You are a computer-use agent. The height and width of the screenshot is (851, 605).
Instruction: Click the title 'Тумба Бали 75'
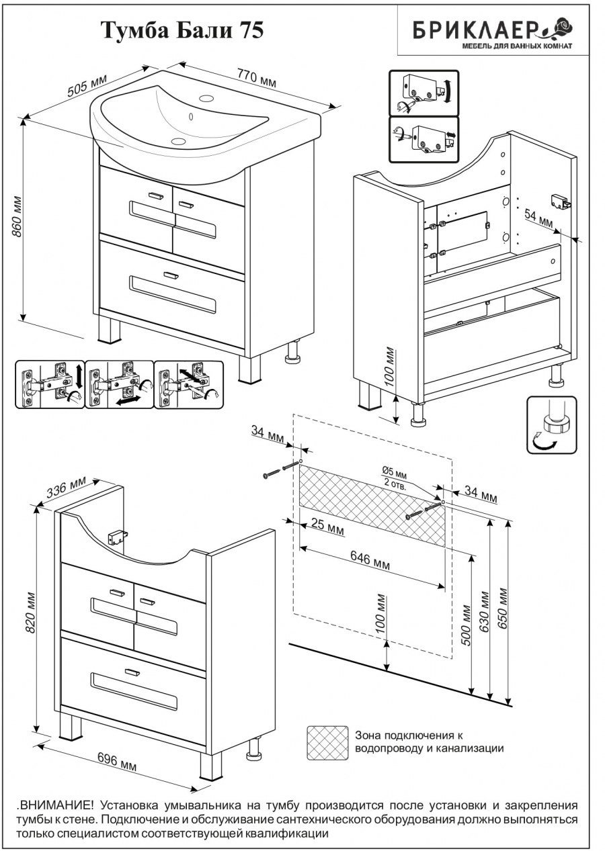pyautogui.click(x=182, y=31)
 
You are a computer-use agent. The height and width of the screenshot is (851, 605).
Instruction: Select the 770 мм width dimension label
pyautogui.click(x=256, y=78)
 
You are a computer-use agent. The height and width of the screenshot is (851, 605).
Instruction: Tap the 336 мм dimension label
pyautogui.click(x=66, y=488)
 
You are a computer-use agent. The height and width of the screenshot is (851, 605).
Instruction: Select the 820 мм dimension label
pyautogui.click(x=30, y=613)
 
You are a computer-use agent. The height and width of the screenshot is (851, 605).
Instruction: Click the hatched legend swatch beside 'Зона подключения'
pyautogui.click(x=327, y=742)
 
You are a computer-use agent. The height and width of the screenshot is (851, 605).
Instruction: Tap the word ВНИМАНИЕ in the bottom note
pyautogui.click(x=50, y=805)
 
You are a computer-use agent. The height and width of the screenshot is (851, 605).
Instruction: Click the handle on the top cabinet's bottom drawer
pyautogui.click(x=171, y=275)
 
